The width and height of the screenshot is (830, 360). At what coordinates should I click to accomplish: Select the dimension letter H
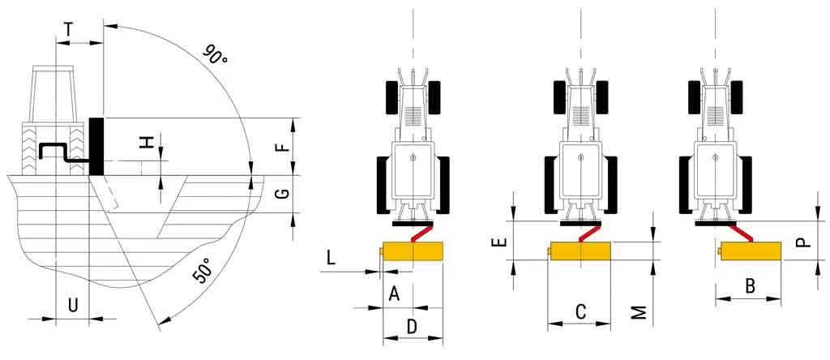coord(147,142)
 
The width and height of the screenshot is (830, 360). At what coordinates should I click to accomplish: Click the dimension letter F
coord(281,147)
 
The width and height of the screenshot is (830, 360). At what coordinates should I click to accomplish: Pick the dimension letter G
coord(281,194)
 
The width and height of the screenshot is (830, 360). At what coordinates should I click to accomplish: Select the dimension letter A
coord(395,293)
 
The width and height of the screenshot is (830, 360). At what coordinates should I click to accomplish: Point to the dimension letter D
coord(412,326)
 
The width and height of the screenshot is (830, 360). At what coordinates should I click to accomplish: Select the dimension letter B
coord(750,285)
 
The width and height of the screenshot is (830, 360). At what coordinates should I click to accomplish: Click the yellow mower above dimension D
coord(413,251)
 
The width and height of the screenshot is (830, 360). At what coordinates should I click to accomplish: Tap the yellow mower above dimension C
coord(580,251)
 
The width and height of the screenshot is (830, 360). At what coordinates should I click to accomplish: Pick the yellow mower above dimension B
coord(751,251)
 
